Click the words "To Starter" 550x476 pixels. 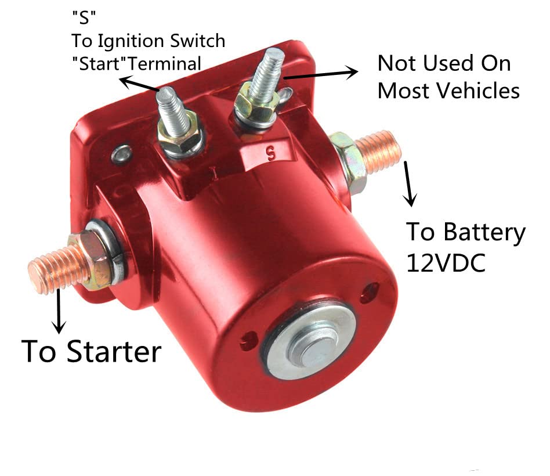click(x=91, y=351)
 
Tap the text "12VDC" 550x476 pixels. click(x=446, y=262)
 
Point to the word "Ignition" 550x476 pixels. click(x=131, y=41)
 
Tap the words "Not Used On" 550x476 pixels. click(x=444, y=63)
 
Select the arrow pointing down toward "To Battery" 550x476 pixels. click(x=409, y=184)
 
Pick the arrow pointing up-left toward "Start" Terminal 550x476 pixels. click(x=139, y=84)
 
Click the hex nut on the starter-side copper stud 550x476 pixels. click(x=93, y=260)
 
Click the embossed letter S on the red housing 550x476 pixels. click(x=269, y=154)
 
